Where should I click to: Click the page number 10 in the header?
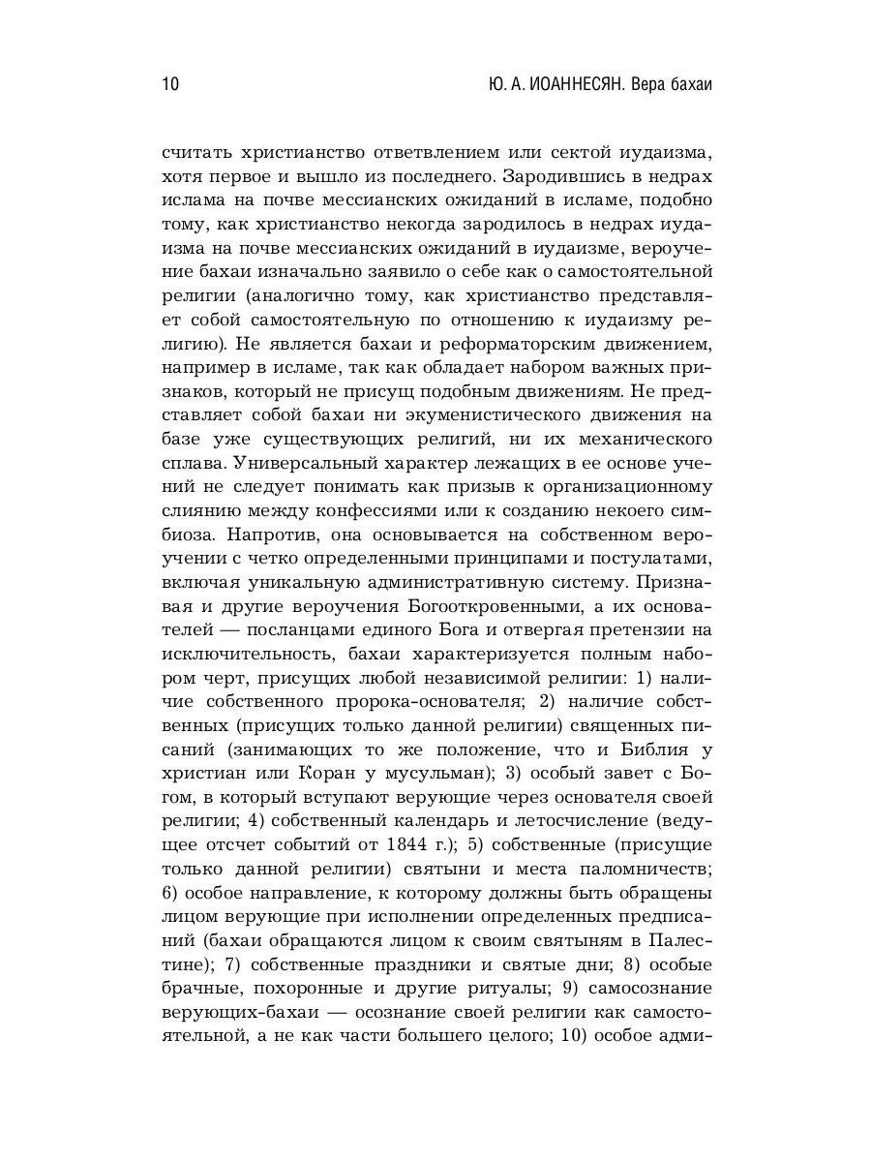[x=168, y=84]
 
